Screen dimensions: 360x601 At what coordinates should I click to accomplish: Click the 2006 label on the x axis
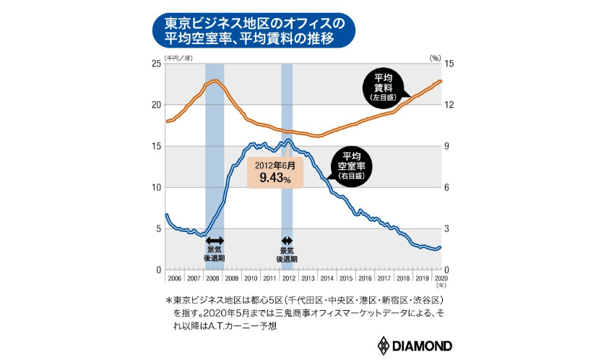pyautogui.click(x=175, y=278)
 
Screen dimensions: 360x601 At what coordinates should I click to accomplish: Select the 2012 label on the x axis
pyautogui.click(x=287, y=278)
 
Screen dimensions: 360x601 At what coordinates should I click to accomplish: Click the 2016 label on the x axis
pyautogui.click(x=364, y=278)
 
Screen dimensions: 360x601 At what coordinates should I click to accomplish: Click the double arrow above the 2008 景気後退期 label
pyautogui.click(x=215, y=241)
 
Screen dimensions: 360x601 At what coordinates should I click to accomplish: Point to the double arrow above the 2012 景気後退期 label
pyautogui.click(x=287, y=241)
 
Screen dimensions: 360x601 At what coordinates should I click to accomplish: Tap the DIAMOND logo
pyautogui.click(x=414, y=343)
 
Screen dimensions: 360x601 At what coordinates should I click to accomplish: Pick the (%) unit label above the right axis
pyautogui.click(x=436, y=56)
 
